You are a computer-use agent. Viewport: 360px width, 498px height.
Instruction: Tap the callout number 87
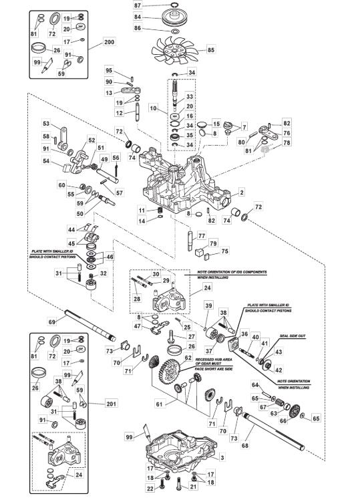[138, 5]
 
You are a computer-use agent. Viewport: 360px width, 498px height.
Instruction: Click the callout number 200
[110, 42]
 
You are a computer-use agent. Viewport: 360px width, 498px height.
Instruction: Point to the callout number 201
[111, 404]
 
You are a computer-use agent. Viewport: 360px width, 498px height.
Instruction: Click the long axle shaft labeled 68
[273, 431]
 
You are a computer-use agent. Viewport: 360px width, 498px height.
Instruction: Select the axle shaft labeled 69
[90, 326]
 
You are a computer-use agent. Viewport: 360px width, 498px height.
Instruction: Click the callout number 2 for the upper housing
[242, 192]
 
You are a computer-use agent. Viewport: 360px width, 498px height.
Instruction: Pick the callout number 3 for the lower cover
[222, 458]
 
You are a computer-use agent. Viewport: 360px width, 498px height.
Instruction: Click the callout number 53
[46, 123]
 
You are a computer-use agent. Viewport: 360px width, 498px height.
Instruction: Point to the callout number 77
[202, 236]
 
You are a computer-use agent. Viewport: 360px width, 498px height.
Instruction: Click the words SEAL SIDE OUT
[293, 336]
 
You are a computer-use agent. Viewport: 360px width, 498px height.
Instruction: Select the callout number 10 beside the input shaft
[154, 108]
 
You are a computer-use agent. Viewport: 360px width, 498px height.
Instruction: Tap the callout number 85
[211, 50]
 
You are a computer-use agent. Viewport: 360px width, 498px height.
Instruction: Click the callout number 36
[244, 334]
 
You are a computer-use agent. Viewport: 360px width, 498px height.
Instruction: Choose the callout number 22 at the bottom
[150, 488]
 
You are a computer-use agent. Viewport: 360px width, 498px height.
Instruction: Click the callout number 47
[138, 326]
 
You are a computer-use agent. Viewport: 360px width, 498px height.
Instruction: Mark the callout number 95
[109, 70]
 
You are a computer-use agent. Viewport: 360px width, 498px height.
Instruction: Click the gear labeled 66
[295, 410]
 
